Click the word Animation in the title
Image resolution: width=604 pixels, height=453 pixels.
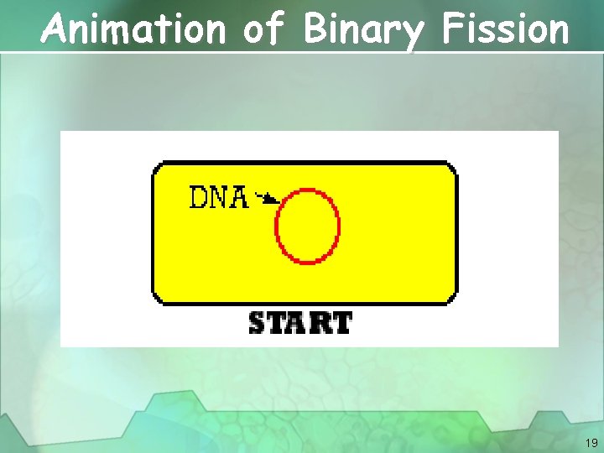[x=134, y=29]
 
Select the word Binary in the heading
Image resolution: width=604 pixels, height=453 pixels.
[x=364, y=30]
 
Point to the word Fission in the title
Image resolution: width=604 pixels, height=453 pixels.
[x=505, y=29]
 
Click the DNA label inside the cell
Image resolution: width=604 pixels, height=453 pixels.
[x=219, y=197]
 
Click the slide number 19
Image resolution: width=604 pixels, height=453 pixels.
[x=591, y=442]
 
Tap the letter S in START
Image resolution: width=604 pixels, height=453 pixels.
[x=258, y=323]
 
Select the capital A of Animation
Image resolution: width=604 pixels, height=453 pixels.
[x=58, y=29]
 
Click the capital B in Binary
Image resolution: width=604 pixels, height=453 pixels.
[x=316, y=29]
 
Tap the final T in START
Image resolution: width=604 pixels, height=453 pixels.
[x=341, y=323]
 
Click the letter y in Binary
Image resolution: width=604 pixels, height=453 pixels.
[x=413, y=34]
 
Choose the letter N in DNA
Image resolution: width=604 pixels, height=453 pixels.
[x=219, y=197]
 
